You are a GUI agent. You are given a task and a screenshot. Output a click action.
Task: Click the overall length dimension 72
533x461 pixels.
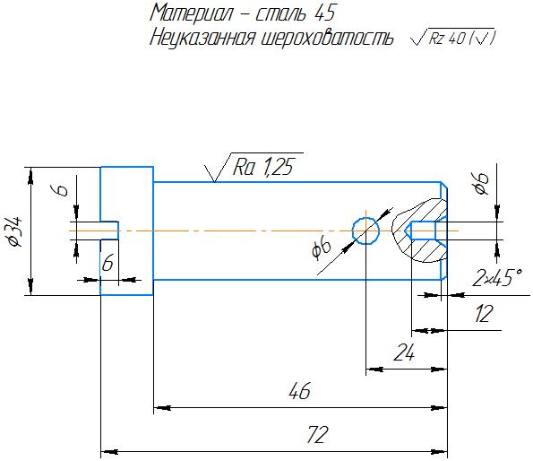coord(317,434)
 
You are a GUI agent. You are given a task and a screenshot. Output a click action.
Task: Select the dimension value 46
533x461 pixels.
coord(299,390)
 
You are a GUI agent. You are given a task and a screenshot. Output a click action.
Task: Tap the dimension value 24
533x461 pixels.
coord(404,352)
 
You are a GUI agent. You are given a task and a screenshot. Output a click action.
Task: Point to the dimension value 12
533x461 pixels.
coord(483,314)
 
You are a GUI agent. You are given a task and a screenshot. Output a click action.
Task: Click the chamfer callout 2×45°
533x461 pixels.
coord(497,278)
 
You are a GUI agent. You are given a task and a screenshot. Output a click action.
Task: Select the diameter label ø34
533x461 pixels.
coord(15,231)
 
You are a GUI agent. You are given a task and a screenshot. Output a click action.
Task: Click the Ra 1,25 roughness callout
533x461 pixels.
coord(254,167)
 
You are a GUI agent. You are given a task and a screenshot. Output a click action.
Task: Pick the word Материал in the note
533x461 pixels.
coord(192,13)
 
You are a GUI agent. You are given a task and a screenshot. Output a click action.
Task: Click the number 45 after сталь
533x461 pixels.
coord(325,13)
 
